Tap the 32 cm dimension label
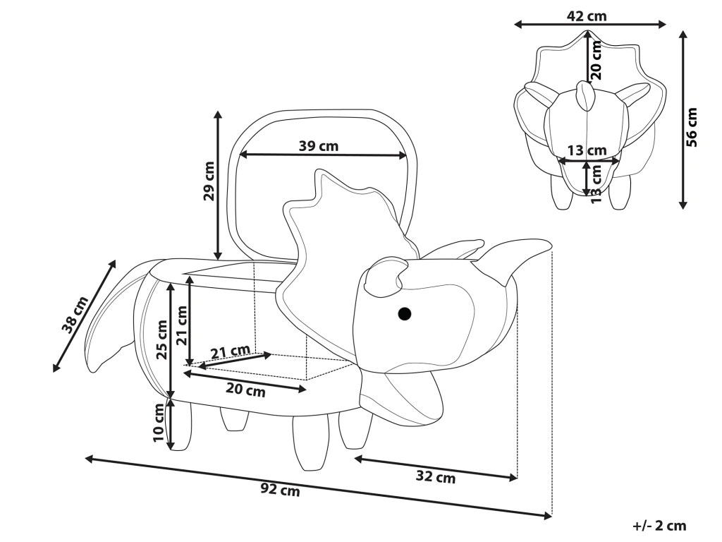tap(435, 478)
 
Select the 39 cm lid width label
tap(319, 146)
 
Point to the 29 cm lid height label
tap(209, 181)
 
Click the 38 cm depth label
tap(75, 315)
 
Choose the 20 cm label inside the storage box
tap(245, 390)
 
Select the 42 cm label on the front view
tap(587, 16)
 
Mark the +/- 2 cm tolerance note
tap(659, 526)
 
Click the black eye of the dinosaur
tap(404, 313)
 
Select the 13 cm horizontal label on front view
tap(587, 150)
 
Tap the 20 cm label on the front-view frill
tap(596, 59)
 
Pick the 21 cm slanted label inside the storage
tap(231, 351)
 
